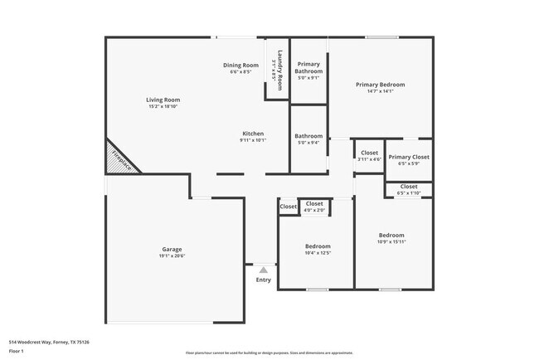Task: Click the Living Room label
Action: tap(163, 100)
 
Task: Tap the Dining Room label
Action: tap(240, 65)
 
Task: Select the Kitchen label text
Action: tap(253, 134)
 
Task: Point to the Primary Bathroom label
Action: tap(308, 68)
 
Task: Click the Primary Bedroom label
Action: tap(381, 85)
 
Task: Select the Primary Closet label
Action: tap(409, 157)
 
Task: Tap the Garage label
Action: tap(172, 249)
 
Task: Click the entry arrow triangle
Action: tap(263, 270)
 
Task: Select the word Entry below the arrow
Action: tap(263, 280)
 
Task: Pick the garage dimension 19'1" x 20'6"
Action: tap(172, 255)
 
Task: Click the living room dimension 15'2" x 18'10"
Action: tap(163, 106)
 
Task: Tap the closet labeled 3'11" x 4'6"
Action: tap(369, 159)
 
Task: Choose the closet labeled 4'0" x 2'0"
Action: tap(315, 210)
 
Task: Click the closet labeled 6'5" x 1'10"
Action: tap(409, 193)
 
